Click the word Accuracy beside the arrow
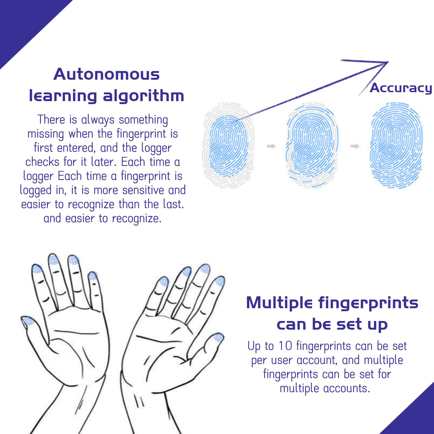(x=401, y=88)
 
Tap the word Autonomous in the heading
(x=107, y=74)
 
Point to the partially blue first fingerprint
(x=228, y=146)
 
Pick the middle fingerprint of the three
(x=312, y=146)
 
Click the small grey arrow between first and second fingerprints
(x=271, y=146)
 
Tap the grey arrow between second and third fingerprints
(x=355, y=146)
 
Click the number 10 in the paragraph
(x=285, y=346)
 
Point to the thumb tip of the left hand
(x=27, y=321)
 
